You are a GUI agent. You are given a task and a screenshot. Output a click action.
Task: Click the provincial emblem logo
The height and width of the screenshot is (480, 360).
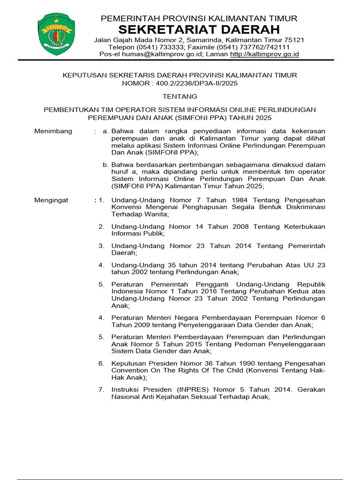(56, 35)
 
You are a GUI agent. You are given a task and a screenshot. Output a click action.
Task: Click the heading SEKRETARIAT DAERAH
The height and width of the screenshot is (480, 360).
(199, 30)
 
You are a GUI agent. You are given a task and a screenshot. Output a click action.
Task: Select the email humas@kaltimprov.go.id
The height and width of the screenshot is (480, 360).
(171, 54)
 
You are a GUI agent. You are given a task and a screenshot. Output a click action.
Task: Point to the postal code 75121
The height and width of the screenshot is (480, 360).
(293, 40)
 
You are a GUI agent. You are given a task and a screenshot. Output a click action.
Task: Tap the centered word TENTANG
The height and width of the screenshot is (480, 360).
(180, 97)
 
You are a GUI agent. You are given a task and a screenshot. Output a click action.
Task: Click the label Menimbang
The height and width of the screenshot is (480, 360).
(53, 131)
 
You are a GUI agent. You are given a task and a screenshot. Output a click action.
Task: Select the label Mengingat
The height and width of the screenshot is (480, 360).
(52, 200)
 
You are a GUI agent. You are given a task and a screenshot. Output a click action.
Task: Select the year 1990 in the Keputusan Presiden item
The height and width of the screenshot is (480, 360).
(238, 363)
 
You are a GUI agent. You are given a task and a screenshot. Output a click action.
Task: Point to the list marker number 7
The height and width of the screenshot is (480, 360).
(101, 390)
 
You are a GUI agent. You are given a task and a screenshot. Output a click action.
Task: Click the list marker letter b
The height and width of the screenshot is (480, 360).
(106, 165)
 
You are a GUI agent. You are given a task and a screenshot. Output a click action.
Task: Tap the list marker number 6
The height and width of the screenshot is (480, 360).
(101, 363)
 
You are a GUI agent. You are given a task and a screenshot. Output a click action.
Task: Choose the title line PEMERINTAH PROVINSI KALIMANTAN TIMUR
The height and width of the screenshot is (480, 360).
(199, 18)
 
